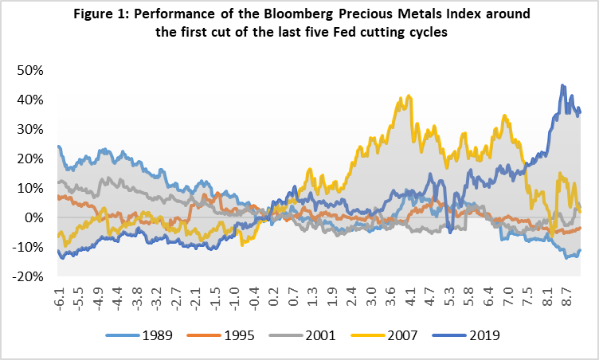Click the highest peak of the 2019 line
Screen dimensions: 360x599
563,85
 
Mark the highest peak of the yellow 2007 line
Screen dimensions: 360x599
409,96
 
